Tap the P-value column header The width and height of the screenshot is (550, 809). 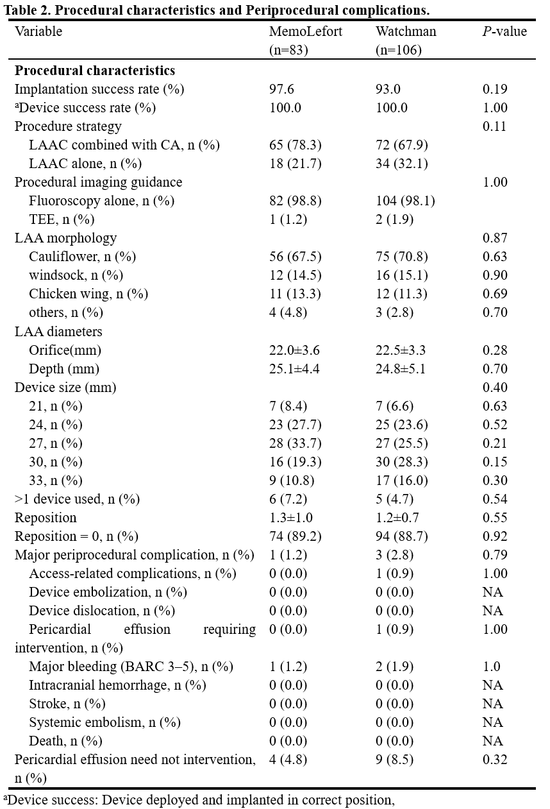point(505,32)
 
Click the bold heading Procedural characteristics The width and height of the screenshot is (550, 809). point(95,71)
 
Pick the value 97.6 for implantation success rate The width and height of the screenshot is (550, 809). point(281,89)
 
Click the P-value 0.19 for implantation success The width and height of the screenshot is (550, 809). point(495,89)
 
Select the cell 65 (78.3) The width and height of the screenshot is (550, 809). point(296,145)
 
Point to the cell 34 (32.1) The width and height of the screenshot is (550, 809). point(402,164)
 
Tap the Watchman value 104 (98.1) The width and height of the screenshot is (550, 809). point(405,201)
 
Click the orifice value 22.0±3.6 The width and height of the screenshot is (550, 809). point(294,350)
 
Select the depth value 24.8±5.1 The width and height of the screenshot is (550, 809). point(401,369)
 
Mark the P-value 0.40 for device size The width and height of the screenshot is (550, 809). point(495,387)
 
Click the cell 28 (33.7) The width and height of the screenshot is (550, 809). point(296,443)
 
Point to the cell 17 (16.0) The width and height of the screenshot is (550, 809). point(402,481)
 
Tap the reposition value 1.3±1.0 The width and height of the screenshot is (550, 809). point(291,518)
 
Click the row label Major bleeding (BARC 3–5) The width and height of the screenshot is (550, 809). point(131,667)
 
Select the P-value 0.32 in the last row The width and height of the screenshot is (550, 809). point(495,760)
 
